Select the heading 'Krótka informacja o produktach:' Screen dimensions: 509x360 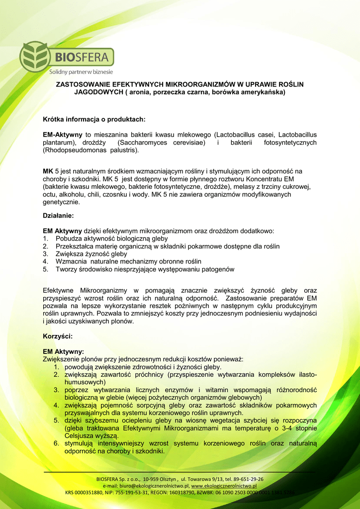[x=94, y=119]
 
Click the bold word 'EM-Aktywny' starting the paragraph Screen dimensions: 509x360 [x=63, y=135]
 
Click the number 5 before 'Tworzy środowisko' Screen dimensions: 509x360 [x=45, y=269]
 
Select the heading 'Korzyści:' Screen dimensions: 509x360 [x=58, y=337]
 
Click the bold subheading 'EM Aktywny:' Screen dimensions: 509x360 [x=63, y=351]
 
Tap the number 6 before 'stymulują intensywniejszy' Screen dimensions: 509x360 [x=56, y=443]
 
